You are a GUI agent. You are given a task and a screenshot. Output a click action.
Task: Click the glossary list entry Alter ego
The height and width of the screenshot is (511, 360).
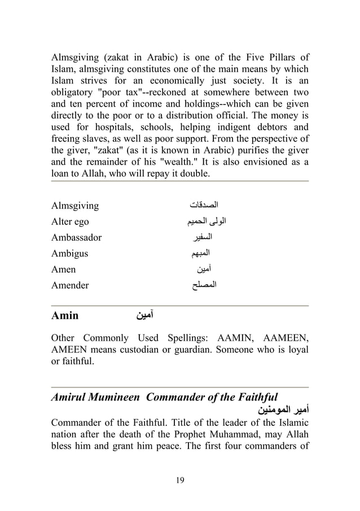(70, 222)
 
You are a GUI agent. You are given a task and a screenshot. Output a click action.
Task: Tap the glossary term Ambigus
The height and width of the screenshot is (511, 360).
(69, 253)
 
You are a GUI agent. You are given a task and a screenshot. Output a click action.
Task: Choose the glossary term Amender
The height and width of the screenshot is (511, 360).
(70, 285)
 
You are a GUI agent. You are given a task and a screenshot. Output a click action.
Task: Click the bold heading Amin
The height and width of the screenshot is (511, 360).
(65, 315)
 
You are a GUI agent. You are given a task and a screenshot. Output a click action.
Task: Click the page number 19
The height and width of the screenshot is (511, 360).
(180, 480)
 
